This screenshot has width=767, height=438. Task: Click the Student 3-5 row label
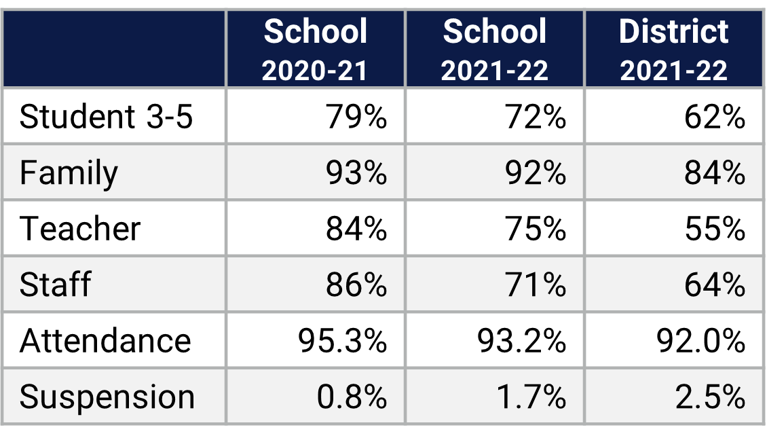click(107, 117)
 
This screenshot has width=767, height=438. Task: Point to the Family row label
click(69, 172)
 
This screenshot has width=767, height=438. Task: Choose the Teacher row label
click(80, 228)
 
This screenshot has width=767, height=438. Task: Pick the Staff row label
click(55, 284)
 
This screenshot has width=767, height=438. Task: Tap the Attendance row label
click(105, 340)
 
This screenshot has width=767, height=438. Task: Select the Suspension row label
click(107, 397)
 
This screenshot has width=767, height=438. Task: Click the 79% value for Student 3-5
click(356, 117)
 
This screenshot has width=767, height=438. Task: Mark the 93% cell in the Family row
click(356, 172)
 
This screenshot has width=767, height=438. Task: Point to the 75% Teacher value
click(536, 228)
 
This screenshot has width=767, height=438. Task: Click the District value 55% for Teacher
click(715, 228)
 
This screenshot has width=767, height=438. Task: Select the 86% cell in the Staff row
click(356, 284)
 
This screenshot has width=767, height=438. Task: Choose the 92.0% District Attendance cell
click(701, 340)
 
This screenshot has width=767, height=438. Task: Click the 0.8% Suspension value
click(352, 397)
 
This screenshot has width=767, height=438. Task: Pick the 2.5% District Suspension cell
click(710, 397)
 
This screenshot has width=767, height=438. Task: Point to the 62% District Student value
click(715, 117)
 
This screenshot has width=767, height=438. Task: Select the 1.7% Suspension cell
click(531, 397)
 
